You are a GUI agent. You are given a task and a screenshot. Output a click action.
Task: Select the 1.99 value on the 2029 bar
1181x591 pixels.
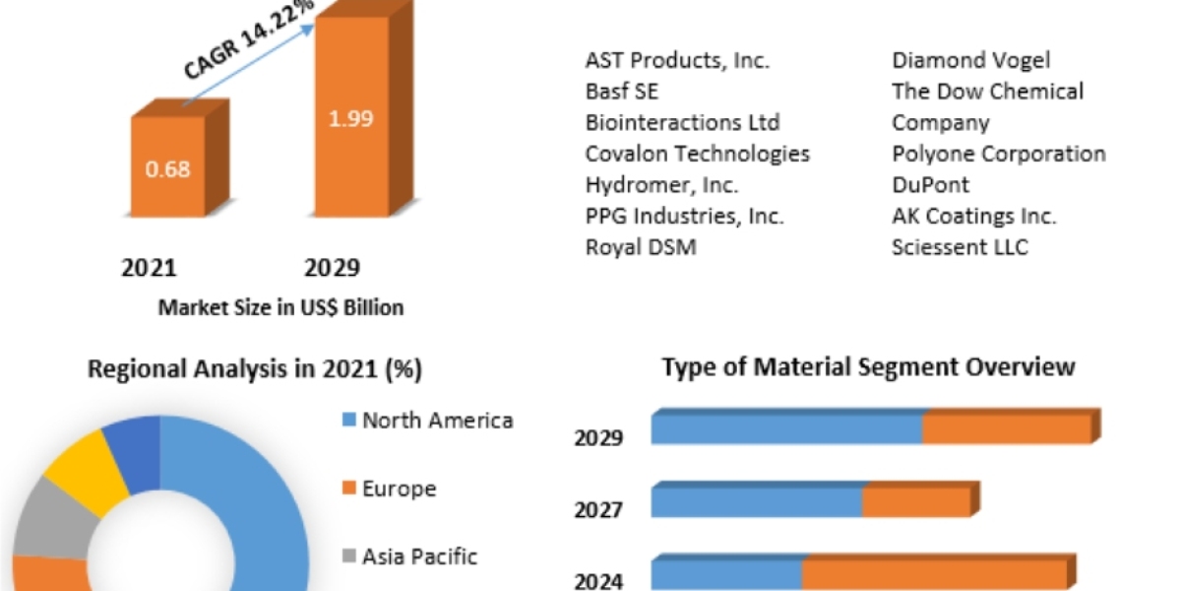350,118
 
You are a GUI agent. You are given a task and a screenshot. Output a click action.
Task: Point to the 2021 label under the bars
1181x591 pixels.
149,268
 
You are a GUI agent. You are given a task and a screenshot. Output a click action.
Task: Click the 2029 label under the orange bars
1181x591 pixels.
332,268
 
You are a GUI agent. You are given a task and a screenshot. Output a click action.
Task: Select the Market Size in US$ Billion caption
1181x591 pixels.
280,307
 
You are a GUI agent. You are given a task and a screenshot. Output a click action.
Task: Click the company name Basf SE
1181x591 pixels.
622,92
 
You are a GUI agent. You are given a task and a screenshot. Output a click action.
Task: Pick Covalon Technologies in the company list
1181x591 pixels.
698,154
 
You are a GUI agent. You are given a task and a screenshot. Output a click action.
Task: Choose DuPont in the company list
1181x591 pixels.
931,184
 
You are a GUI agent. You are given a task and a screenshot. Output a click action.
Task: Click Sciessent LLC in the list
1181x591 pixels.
960,247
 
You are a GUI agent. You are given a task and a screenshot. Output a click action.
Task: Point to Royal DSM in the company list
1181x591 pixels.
641,247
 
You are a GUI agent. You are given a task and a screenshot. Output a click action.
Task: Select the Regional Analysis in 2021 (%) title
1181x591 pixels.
255,369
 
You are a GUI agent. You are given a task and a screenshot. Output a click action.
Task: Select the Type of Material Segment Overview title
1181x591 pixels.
868,367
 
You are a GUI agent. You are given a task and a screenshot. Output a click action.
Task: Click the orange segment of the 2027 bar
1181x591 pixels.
915,502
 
